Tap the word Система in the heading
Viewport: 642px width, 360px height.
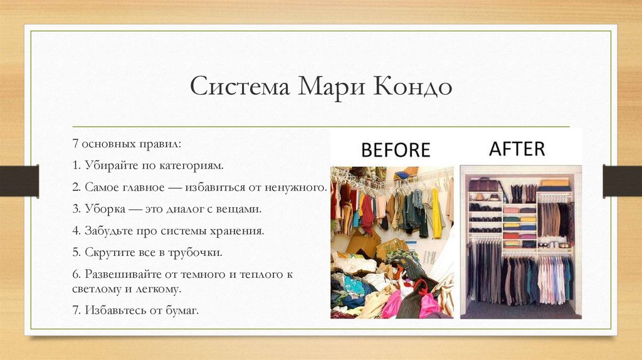(240, 86)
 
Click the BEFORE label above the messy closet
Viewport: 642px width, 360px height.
(396, 150)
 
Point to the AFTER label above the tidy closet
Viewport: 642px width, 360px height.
(517, 149)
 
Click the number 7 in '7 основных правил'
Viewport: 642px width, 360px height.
(75, 144)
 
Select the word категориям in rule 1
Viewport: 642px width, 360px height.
(192, 166)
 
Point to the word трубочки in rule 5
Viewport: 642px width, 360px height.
(195, 253)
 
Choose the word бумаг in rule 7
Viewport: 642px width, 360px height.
(182, 310)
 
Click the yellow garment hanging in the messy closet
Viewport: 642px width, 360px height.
(437, 214)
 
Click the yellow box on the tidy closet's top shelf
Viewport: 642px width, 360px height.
(555, 183)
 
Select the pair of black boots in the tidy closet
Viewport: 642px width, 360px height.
(517, 194)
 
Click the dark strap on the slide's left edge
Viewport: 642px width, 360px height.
(19, 181)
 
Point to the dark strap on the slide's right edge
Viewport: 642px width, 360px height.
(623, 181)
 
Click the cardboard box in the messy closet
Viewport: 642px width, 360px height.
(363, 244)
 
